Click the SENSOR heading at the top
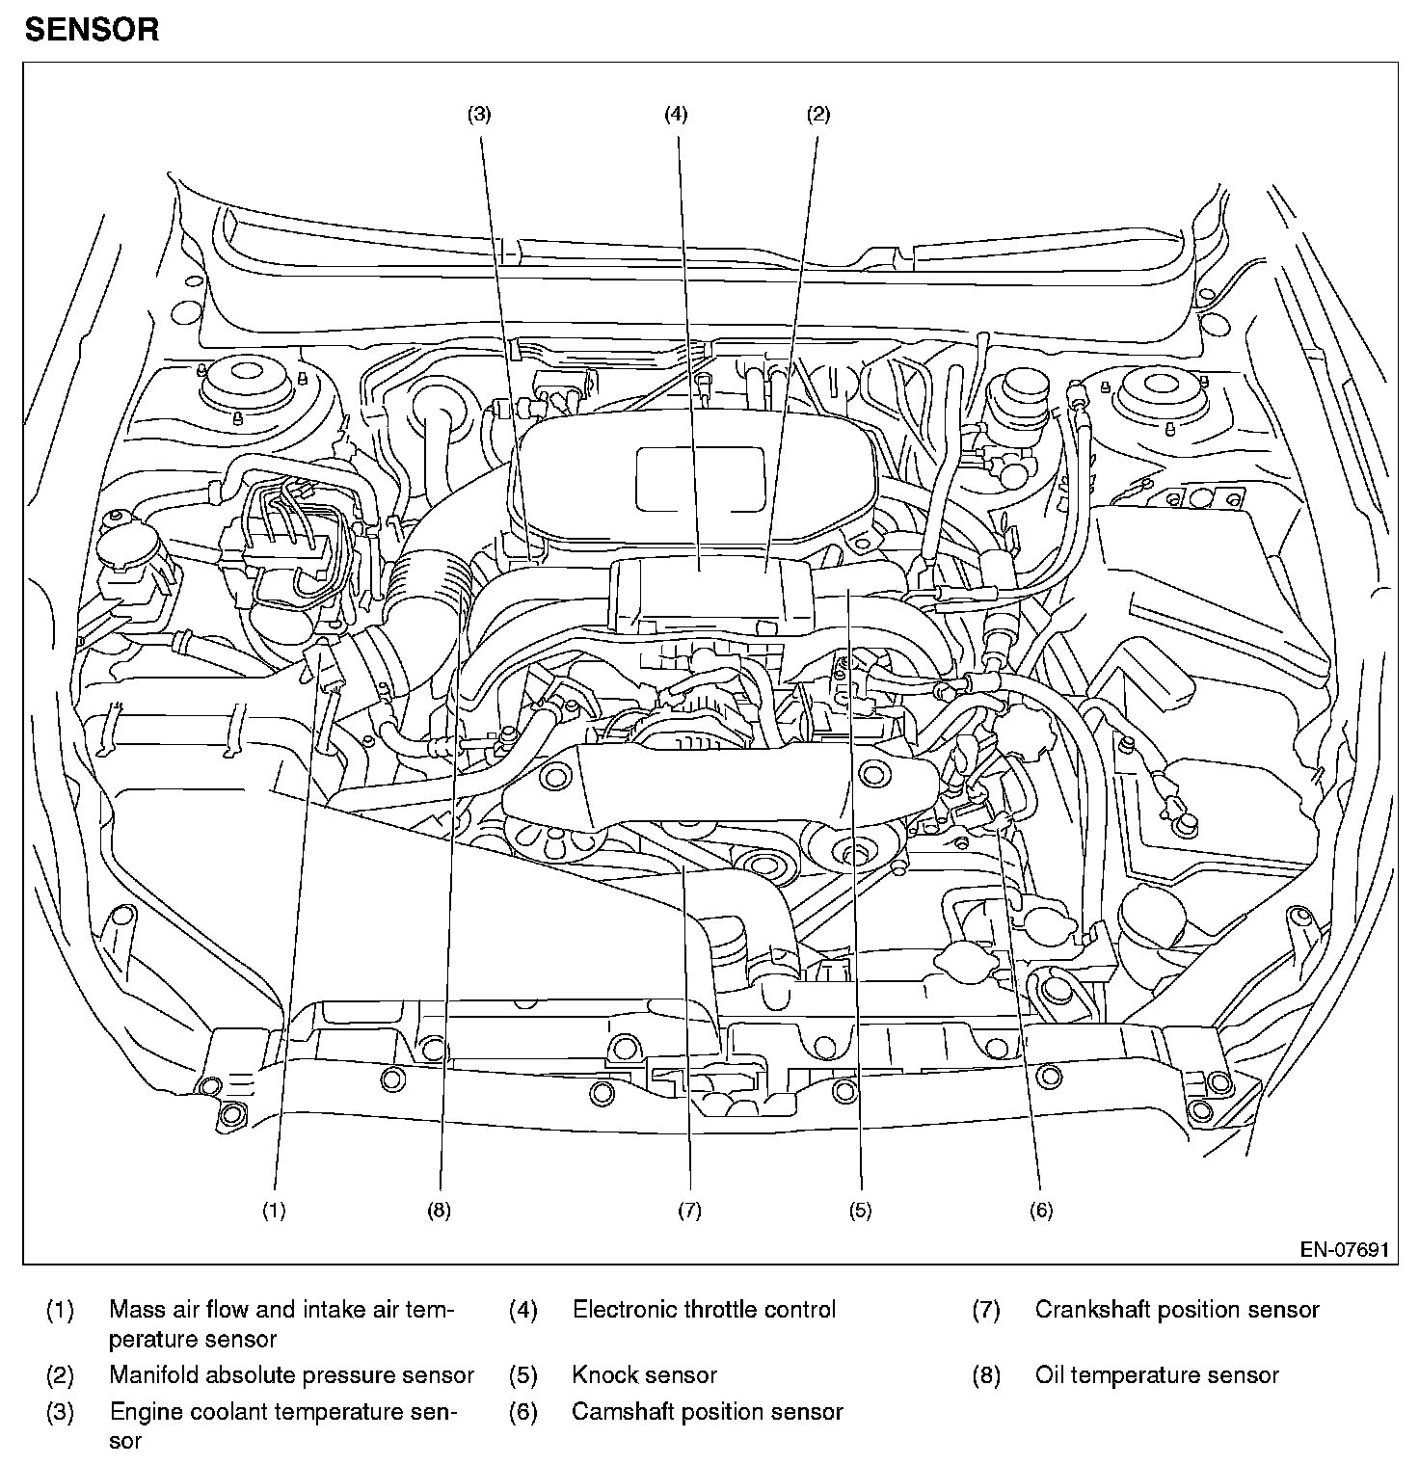[93, 30]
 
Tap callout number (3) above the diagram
[479, 115]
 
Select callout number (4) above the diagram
[676, 115]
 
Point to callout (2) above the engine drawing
[817, 115]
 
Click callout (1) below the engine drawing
[275, 1212]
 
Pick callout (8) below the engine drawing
[439, 1212]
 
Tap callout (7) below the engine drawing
[688, 1212]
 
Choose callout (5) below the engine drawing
[860, 1212]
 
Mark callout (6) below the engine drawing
[1041, 1212]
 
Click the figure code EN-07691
[1344, 1250]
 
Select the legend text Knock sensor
[644, 1375]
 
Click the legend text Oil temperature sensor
[1157, 1375]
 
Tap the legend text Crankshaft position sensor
[1177, 1310]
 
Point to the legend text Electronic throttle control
[704, 1310]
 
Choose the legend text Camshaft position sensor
[707, 1412]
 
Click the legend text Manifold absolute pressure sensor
[291, 1375]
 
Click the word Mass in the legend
[132, 1310]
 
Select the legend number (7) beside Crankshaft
[985, 1311]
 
